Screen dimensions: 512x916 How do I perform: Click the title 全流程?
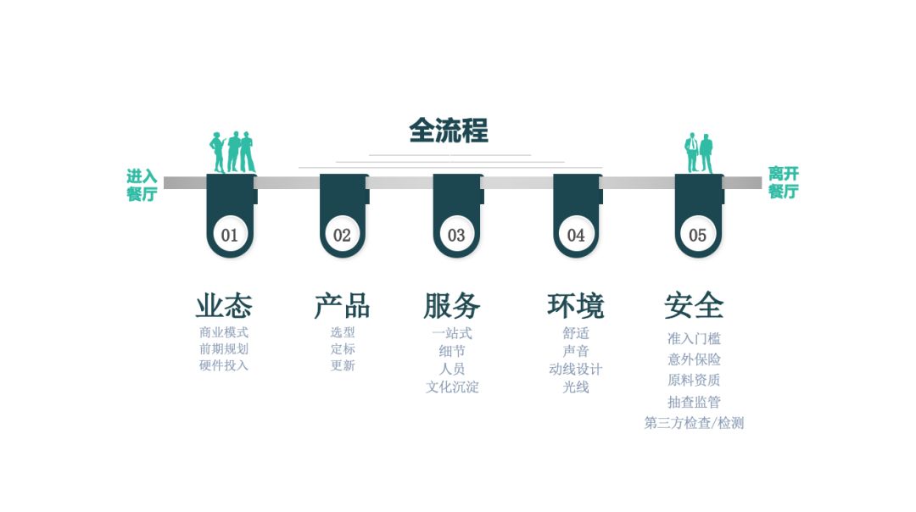(x=449, y=131)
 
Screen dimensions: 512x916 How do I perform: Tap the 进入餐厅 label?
(x=142, y=185)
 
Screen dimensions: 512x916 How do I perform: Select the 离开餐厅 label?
(x=784, y=182)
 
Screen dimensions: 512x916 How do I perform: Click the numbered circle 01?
(x=230, y=235)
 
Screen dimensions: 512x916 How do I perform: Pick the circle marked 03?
(x=456, y=235)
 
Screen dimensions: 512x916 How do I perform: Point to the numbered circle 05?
(x=697, y=235)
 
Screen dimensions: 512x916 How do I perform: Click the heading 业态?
(x=224, y=305)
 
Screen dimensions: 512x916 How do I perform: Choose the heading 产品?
(x=342, y=305)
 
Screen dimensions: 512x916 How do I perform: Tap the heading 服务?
(x=452, y=305)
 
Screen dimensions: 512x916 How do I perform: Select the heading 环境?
(x=575, y=305)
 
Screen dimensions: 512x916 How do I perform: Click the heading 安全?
(x=694, y=305)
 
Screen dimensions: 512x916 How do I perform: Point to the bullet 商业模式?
(x=224, y=332)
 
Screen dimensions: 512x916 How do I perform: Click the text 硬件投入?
(x=224, y=365)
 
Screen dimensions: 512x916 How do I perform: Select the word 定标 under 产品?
(x=343, y=348)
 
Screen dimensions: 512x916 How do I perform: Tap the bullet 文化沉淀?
(x=452, y=387)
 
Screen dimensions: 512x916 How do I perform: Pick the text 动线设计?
(x=575, y=369)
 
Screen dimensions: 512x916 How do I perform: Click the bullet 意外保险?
(x=694, y=359)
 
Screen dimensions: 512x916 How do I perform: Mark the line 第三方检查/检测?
(x=694, y=423)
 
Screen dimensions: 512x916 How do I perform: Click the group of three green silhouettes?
(x=232, y=153)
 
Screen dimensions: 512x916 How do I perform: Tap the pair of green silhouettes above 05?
(x=699, y=153)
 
